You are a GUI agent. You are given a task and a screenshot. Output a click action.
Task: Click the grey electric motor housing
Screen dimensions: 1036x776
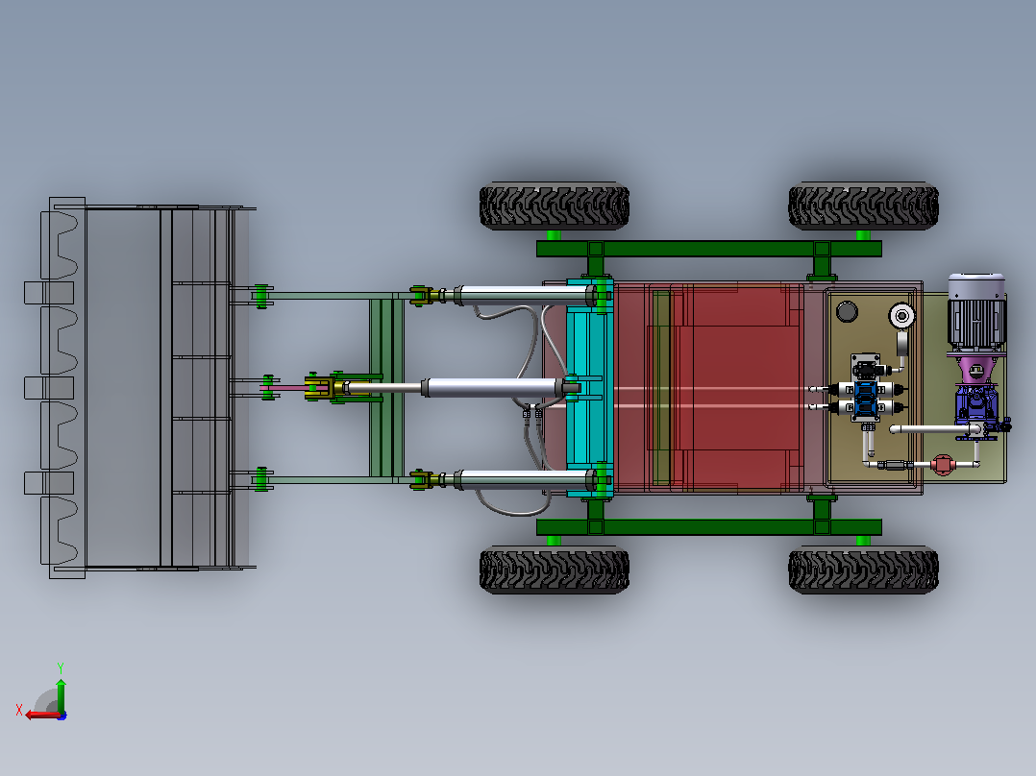coord(976,312)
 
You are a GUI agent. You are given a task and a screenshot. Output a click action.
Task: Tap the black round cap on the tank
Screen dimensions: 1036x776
coord(847,311)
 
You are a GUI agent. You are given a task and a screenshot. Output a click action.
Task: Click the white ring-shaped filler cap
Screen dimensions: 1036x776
coord(901,316)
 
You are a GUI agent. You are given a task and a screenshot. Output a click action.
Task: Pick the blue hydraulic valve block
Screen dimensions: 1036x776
coord(865,399)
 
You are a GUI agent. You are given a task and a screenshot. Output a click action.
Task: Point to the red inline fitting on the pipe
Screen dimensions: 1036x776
coord(942,464)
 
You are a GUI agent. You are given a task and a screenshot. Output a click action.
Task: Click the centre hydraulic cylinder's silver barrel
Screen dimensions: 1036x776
coord(492,388)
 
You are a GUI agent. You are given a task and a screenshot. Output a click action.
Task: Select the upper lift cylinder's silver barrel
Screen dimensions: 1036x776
coord(523,294)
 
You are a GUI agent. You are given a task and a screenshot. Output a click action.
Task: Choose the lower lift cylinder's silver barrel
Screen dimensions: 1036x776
coord(523,479)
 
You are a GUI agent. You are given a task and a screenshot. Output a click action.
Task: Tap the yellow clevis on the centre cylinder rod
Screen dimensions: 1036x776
coord(319,387)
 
